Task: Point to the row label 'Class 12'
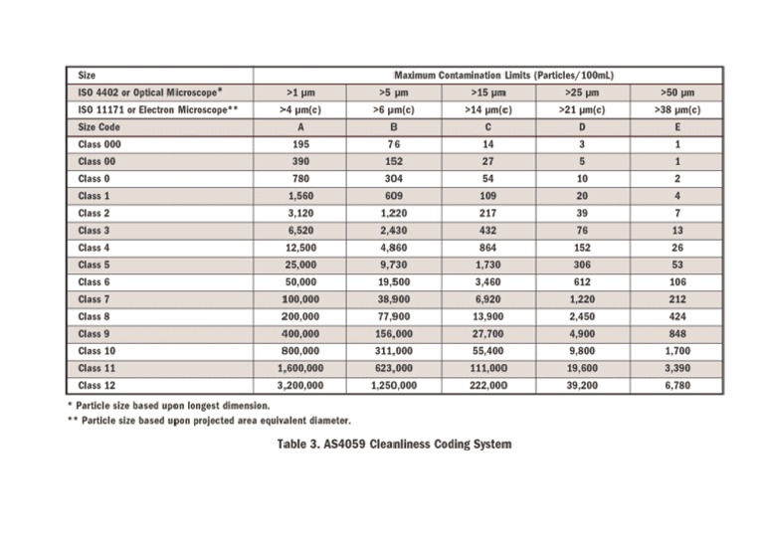[97, 384]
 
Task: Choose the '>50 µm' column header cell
[676, 92]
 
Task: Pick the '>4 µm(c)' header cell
[300, 110]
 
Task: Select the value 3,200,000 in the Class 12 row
[300, 384]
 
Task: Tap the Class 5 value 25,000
[300, 265]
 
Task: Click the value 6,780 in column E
[676, 384]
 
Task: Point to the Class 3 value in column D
[582, 230]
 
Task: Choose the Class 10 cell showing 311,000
[394, 350]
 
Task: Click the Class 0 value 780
[300, 179]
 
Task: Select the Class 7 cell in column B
[394, 298]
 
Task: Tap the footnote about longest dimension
[168, 405]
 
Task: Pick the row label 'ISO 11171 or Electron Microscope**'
[157, 110]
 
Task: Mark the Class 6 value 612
[582, 281]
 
